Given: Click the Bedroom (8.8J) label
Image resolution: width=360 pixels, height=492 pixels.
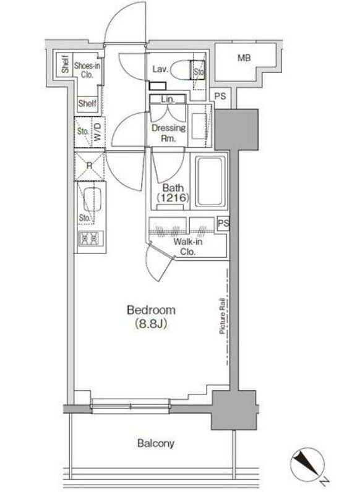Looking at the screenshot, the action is [151, 316].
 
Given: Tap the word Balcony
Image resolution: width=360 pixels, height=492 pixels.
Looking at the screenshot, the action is [155, 443].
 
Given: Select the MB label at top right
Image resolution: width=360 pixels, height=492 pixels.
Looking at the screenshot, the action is [244, 58].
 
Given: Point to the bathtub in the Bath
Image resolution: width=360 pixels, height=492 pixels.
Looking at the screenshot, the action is [210, 181].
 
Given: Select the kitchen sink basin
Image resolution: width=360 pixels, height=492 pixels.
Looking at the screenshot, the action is [92, 200].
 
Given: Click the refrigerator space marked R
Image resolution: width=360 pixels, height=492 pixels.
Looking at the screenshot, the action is [90, 166].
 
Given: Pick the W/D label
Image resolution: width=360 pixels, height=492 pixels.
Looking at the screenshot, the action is [98, 132].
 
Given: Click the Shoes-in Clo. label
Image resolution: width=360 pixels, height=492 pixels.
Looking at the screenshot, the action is [87, 70].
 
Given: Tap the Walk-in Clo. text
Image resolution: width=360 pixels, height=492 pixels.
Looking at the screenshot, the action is [188, 247].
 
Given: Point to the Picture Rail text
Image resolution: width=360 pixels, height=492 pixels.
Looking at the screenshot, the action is [223, 316].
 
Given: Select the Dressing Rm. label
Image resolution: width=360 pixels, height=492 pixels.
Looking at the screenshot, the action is [169, 133].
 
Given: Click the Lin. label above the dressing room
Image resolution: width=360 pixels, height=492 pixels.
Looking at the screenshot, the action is [168, 100].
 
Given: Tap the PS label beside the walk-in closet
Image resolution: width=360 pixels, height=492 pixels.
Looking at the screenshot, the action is [224, 223].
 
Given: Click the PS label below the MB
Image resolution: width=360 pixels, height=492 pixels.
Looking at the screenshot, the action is [220, 96].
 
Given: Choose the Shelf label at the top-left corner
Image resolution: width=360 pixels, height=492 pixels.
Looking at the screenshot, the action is [65, 64].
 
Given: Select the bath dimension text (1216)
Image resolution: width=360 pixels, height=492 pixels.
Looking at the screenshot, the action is [173, 198].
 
